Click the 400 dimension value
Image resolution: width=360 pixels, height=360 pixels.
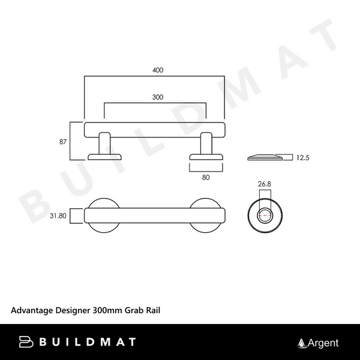click(157, 70)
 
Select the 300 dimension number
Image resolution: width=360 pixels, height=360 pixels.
click(157, 97)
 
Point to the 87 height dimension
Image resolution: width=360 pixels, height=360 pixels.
click(63, 142)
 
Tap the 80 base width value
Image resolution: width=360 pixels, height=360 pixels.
click(207, 177)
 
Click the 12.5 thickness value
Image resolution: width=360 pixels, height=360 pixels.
click(302, 158)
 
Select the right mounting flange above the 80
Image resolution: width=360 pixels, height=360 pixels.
click(207, 157)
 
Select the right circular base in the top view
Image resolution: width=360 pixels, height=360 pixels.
click(208, 214)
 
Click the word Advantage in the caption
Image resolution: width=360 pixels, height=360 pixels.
click(31, 310)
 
